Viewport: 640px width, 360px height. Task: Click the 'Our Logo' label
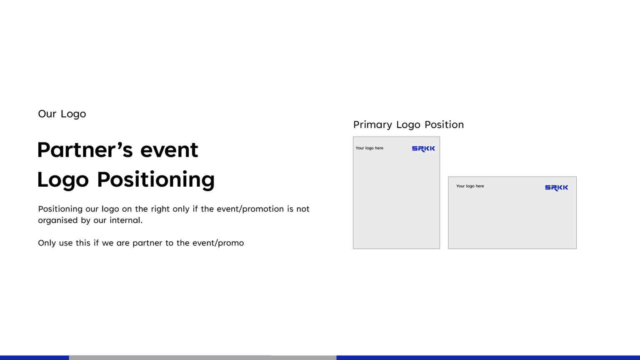point(62,114)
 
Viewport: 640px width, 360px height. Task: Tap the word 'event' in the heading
point(169,150)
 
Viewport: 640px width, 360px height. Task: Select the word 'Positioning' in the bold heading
point(156,180)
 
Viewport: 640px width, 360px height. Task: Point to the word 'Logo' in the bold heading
point(63,180)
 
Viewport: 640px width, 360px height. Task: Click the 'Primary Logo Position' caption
point(408,125)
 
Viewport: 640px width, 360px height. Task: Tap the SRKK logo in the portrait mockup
point(423,149)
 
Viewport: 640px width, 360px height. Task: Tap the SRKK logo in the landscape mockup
point(556,188)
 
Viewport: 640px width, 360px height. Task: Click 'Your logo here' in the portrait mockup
point(369,148)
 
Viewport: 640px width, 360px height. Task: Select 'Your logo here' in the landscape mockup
point(470,186)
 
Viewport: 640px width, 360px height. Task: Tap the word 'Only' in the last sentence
point(47,243)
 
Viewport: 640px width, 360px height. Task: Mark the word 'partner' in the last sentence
point(147,243)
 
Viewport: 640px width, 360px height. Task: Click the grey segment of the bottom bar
point(202,357)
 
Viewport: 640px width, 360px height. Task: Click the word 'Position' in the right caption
point(444,125)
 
